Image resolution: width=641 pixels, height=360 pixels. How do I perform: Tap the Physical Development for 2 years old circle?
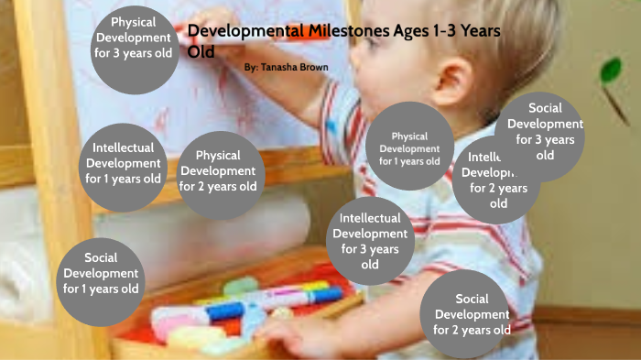[x=218, y=171]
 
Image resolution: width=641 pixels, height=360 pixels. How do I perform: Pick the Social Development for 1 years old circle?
[x=101, y=273]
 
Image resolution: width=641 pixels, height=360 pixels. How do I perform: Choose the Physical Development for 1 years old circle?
[x=409, y=147]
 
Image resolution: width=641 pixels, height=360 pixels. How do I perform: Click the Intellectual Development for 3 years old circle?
[x=370, y=240]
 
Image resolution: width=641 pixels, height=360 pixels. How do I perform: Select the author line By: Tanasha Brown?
[x=287, y=68]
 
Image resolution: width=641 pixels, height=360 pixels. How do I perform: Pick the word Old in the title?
[x=201, y=51]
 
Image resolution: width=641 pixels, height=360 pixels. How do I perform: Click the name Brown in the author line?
[x=310, y=68]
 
